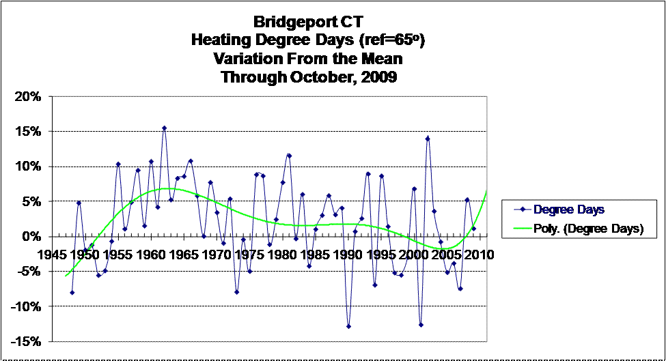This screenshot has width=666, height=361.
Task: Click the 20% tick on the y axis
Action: (x=29, y=96)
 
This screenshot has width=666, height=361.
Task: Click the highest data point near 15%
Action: (x=164, y=128)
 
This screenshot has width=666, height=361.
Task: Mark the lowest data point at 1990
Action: (x=348, y=326)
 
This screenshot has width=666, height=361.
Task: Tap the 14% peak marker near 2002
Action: (x=428, y=139)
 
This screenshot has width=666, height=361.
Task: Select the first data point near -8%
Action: (x=72, y=292)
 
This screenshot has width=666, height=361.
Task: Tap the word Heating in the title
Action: (x=218, y=42)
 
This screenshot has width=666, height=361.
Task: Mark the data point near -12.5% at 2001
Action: (x=421, y=325)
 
